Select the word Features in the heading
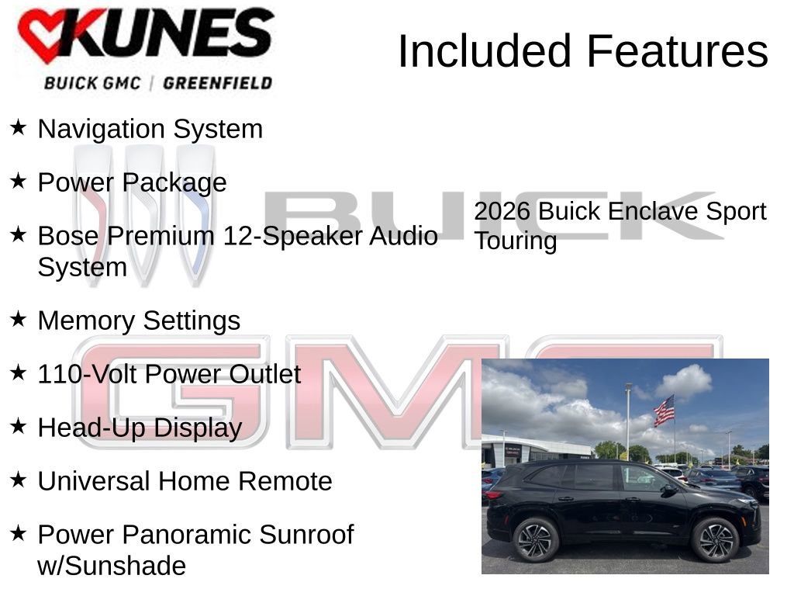click(x=677, y=51)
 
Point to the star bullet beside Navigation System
click(x=19, y=126)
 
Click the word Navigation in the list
click(x=102, y=129)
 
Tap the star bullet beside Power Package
click(x=19, y=180)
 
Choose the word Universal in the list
click(x=95, y=481)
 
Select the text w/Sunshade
click(x=112, y=566)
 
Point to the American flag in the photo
click(x=664, y=411)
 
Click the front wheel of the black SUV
click(x=715, y=539)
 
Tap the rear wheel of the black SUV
click(x=536, y=539)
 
